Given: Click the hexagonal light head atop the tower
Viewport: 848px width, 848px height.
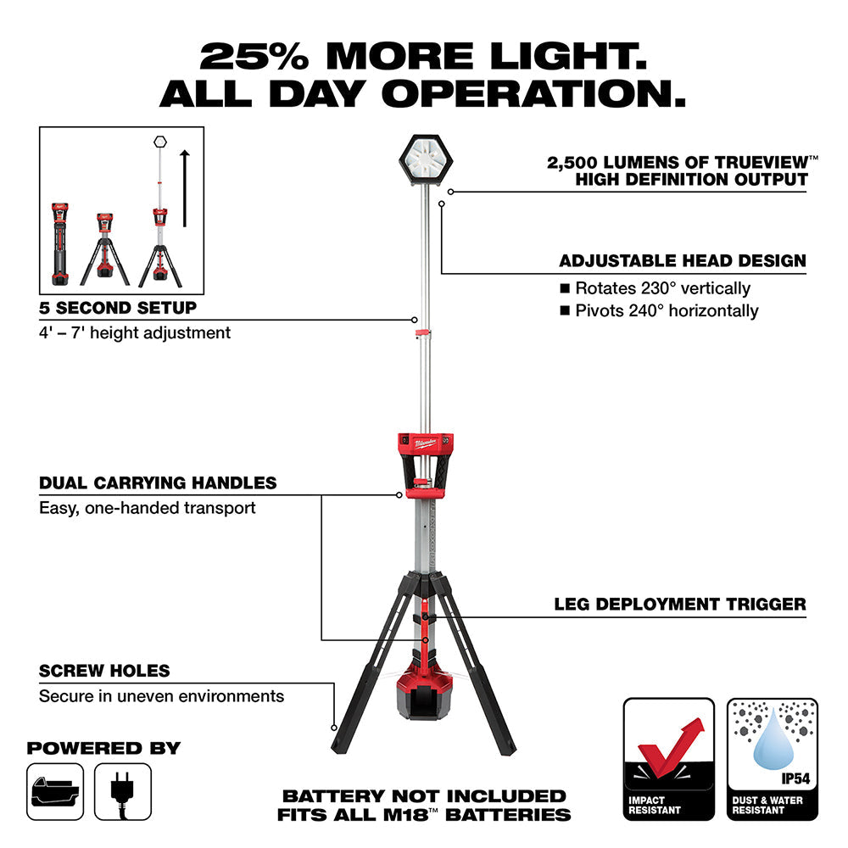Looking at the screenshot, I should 424,159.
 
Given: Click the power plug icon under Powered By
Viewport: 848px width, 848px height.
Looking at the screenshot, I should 123,791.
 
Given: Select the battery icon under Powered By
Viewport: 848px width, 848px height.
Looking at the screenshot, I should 55,791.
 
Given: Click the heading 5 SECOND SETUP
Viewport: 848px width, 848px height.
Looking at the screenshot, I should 118,307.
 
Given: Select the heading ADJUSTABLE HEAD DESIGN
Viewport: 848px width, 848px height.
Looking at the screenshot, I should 683,261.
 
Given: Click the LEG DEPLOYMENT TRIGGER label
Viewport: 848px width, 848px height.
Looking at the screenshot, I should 680,605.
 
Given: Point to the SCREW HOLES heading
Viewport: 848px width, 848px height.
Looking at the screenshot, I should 104,671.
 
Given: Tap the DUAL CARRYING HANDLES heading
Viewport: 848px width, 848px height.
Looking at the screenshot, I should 158,483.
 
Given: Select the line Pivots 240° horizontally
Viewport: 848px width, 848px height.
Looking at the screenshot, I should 667,310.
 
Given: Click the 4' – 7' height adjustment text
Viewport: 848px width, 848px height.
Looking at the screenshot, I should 135,332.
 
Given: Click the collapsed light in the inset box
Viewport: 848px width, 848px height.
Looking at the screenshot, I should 59,244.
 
